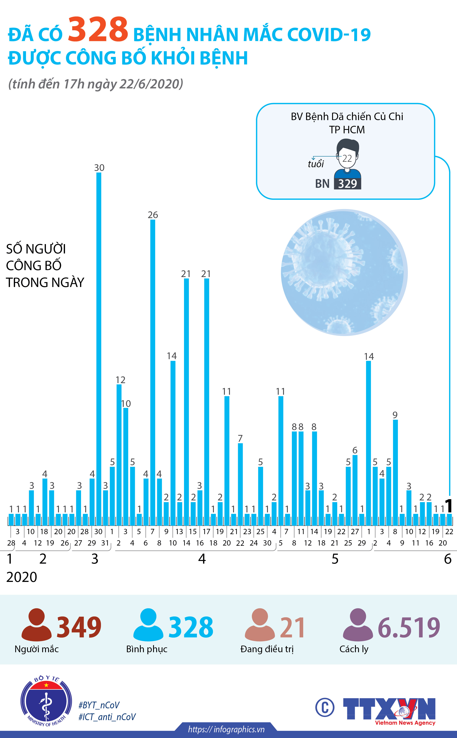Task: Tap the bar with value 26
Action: pos(153,372)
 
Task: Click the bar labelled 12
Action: pos(119,454)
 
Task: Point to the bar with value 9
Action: pos(395,472)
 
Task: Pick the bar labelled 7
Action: pos(240,484)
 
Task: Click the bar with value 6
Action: pos(355,490)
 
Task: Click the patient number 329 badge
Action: pos(347,184)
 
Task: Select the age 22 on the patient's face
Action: pos(347,158)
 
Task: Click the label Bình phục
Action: pos(147,649)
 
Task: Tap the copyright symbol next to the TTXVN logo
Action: pos(325,708)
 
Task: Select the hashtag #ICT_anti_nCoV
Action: pos(107,717)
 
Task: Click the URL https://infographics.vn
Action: pos(226,729)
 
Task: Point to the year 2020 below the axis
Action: pos(22,577)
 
